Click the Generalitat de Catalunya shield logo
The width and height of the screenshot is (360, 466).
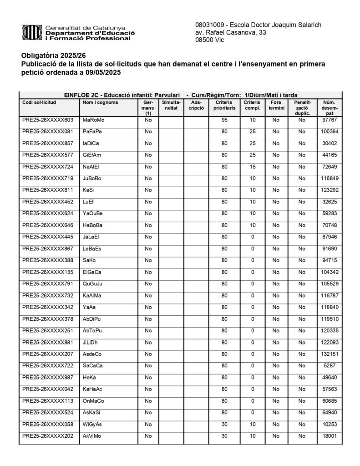coord(32,33)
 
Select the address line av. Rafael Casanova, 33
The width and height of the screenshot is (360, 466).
coord(231,32)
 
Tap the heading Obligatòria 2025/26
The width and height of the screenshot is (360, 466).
coord(53,56)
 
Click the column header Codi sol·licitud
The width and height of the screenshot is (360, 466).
coord(39,102)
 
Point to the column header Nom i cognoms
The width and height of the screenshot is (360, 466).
coord(100,102)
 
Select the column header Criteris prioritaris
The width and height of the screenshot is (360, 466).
coord(224,106)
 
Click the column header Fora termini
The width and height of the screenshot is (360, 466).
coord(276,106)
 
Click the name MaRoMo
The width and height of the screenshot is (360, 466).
coord(93,120)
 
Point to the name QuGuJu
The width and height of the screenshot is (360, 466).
coord(92,283)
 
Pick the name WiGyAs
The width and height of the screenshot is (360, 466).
coord(92,424)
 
